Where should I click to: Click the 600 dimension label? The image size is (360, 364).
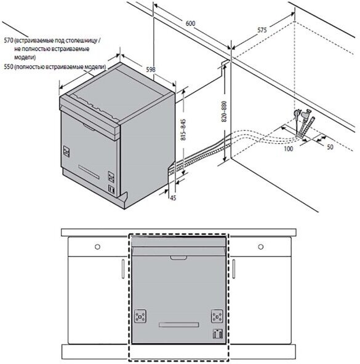pos(190,23)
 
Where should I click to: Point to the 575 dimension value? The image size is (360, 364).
pos(262,30)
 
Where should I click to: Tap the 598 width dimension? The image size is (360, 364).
pos(151,69)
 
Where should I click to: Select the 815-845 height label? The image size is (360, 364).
pos(183,130)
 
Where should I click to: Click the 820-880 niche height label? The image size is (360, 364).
pos(224,111)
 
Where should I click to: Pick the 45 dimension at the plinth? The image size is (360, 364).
pos(173,198)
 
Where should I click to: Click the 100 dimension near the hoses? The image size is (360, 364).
pos(289,149)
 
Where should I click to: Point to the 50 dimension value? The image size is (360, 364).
pos(330,147)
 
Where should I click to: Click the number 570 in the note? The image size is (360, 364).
pos(8,41)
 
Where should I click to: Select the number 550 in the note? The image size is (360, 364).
pos(8,67)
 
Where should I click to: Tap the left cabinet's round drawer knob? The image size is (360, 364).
pos(98,247)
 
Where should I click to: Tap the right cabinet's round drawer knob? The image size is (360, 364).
pos(261,247)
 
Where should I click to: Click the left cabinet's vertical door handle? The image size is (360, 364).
pos(123,269)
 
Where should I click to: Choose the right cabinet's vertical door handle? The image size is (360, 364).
pos(234,269)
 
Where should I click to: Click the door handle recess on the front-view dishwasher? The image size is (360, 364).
pos(178,258)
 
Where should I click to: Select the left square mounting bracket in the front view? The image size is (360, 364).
pos(140,316)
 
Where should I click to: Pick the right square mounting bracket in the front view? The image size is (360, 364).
pos(217,316)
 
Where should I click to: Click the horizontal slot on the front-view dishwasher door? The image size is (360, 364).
pos(178,325)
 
